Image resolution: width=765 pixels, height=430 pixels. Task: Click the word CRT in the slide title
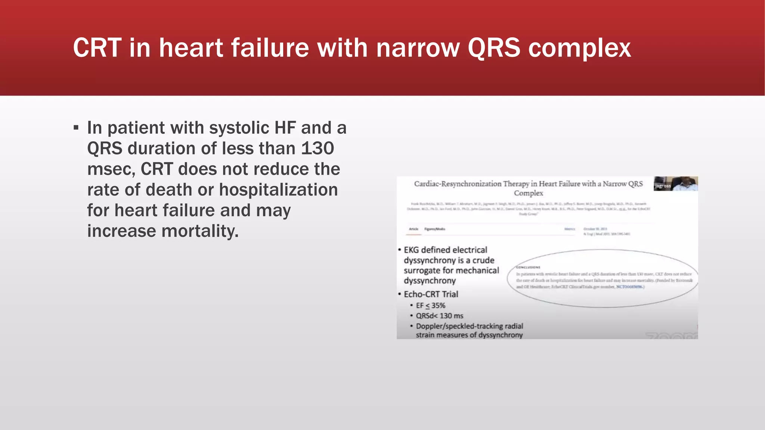pos(97,48)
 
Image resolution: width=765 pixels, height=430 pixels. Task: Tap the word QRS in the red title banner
pos(494,48)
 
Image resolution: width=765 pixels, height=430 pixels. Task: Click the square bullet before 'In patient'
pos(76,128)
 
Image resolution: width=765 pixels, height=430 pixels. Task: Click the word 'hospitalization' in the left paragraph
pos(278,190)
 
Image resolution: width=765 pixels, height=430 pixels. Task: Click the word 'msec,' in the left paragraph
pos(111,169)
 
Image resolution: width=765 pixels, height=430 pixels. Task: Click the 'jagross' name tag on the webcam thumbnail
pos(663,186)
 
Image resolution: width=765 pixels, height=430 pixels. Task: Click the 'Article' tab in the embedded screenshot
pos(414,229)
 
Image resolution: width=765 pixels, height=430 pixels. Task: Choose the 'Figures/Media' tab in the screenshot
pos(435,229)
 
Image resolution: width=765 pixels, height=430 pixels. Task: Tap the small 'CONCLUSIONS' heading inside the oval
pos(528,267)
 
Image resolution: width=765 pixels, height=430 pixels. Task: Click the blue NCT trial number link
pos(630,287)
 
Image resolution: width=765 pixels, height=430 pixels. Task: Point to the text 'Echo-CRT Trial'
pos(431,294)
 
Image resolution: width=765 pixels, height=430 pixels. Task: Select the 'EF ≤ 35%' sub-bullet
pos(430,305)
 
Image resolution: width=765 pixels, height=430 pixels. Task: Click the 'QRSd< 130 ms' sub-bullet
pos(439,316)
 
